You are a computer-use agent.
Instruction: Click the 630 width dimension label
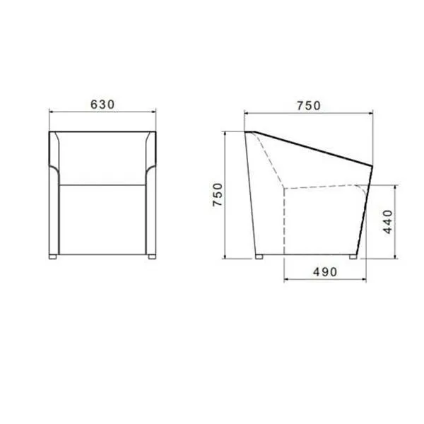click(x=102, y=105)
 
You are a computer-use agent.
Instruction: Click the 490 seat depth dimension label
click(x=325, y=272)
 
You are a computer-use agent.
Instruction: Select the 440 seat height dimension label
click(x=388, y=222)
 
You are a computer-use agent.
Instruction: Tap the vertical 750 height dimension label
click(x=218, y=195)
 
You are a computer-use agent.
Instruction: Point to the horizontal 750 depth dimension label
click(x=309, y=106)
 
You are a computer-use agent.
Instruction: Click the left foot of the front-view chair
click(x=53, y=257)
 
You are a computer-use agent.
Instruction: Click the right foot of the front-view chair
click(x=152, y=257)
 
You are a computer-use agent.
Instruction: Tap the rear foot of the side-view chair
click(x=259, y=257)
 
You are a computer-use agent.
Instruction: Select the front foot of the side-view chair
click(x=353, y=257)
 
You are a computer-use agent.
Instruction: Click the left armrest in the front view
click(x=54, y=194)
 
